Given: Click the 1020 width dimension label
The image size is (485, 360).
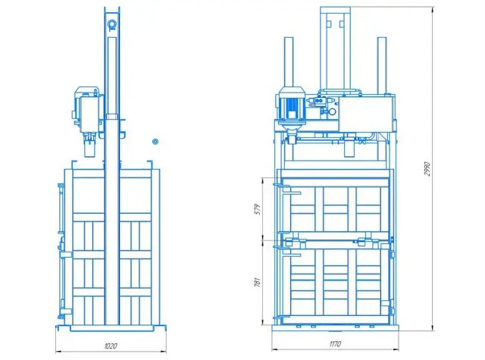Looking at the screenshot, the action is point(111,346).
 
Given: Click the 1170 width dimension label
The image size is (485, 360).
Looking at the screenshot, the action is point(335,344).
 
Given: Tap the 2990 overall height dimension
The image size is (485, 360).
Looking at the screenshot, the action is point(427,169).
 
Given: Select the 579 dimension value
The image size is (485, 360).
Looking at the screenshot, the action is point(258,209).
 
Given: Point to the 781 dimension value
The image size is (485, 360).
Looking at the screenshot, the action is point(258,283).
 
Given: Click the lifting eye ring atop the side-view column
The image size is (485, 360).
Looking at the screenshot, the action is point(112,24).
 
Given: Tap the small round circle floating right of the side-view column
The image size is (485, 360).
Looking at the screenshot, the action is point(155,142).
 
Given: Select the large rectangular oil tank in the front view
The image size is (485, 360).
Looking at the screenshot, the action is point(366,114).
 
